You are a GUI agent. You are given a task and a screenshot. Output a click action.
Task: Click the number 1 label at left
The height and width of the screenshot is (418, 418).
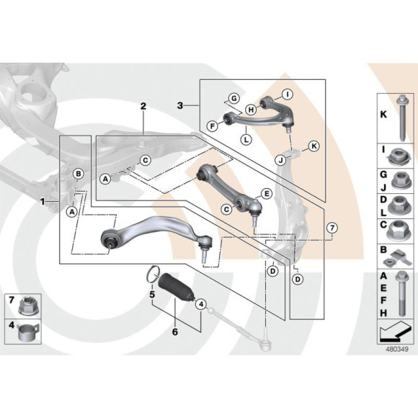point(43,202)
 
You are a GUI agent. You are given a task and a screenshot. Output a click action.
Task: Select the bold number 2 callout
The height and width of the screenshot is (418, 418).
point(143,106)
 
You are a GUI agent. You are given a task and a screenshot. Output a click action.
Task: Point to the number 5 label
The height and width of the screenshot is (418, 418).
point(152,294)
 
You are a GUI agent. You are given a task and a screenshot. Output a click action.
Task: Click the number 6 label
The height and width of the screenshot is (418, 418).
point(174,332)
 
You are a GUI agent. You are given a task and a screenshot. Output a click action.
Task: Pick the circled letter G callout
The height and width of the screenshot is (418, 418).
point(234,98)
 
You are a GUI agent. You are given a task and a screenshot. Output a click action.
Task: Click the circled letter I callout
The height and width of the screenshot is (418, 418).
point(286,94)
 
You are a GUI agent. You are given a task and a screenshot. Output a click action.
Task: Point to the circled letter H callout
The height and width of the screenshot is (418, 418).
point(251,110)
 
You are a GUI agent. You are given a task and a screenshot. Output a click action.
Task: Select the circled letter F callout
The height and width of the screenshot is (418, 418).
point(213,125)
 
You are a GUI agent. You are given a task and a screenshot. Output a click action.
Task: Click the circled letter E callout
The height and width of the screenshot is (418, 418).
point(266,192)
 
